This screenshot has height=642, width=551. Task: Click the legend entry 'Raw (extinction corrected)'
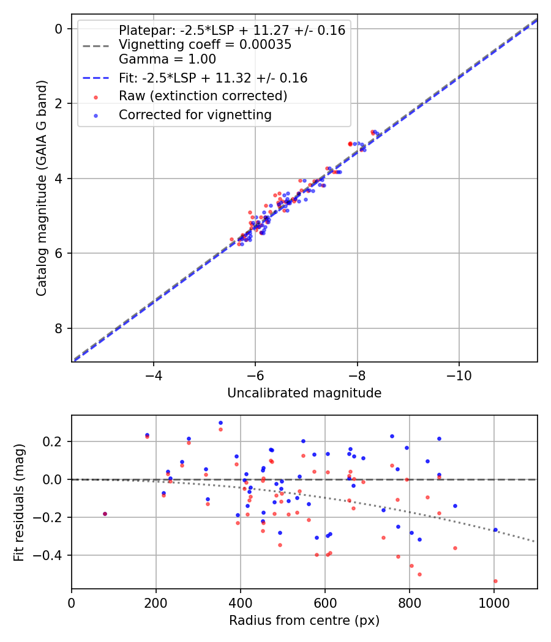[203, 96]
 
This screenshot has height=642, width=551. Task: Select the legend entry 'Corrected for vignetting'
[195, 114]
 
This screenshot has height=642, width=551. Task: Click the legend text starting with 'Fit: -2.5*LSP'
[212, 78]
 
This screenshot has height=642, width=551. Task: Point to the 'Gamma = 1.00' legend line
[167, 59]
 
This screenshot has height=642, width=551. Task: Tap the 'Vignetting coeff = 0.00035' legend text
[204, 45]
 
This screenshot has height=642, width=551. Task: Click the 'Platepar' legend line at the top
[231, 30]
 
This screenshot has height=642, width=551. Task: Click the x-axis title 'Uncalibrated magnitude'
[304, 393]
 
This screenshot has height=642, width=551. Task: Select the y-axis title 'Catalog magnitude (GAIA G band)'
[41, 187]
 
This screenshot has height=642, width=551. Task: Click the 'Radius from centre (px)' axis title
[304, 621]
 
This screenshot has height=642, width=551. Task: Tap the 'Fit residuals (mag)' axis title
[19, 502]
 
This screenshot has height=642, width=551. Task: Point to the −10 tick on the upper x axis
[459, 375]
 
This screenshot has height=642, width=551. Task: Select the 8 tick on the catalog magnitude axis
[59, 328]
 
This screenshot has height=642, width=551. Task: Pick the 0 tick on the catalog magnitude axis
[59, 29]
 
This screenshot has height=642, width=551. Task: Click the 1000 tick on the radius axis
[494, 603]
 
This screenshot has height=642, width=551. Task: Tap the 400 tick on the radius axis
[241, 603]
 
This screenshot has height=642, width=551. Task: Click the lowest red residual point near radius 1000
[495, 581]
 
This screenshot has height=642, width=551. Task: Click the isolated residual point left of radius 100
[105, 514]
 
